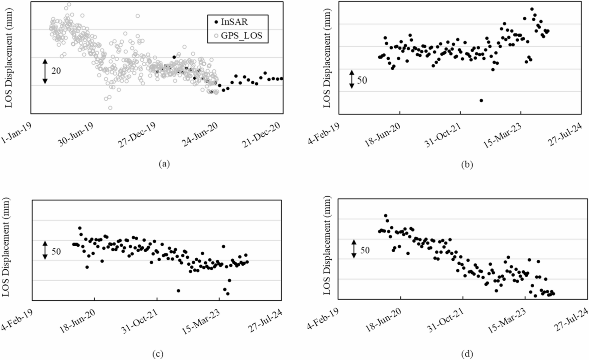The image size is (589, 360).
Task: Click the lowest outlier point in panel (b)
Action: pos(481,100)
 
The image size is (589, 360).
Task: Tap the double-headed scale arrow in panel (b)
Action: pos(352,79)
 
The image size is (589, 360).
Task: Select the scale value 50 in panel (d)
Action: pos(365,250)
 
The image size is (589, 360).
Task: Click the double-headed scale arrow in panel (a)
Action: pos(45,71)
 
